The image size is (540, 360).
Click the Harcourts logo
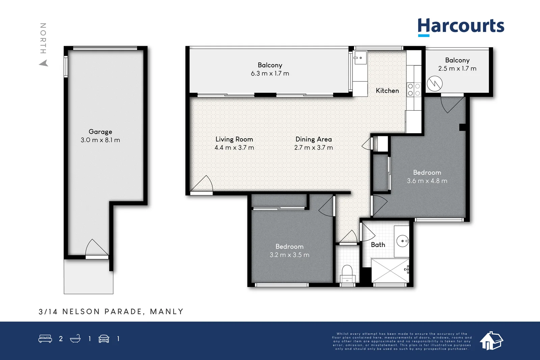pos(461,26)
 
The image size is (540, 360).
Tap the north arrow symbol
pos(44,63)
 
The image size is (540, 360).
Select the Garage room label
pos(100,132)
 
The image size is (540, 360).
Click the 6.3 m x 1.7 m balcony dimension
pos(270,74)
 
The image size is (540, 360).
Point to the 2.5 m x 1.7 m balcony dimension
pos(457,68)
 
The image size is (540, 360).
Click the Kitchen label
pos(387,91)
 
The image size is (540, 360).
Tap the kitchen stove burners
pos(414,89)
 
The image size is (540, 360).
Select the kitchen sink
pos(360,58)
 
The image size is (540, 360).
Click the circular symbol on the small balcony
pos(434,84)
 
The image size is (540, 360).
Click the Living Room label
pos(234,139)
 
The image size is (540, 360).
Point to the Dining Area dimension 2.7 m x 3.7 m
pos(314,148)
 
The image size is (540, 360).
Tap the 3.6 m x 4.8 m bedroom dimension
pos(427,181)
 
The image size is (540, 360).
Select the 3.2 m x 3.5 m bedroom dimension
pos(289,255)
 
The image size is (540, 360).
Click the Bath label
pos(378,245)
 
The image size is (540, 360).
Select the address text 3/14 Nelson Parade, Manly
pos(111,311)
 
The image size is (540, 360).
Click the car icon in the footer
pos(104,339)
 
